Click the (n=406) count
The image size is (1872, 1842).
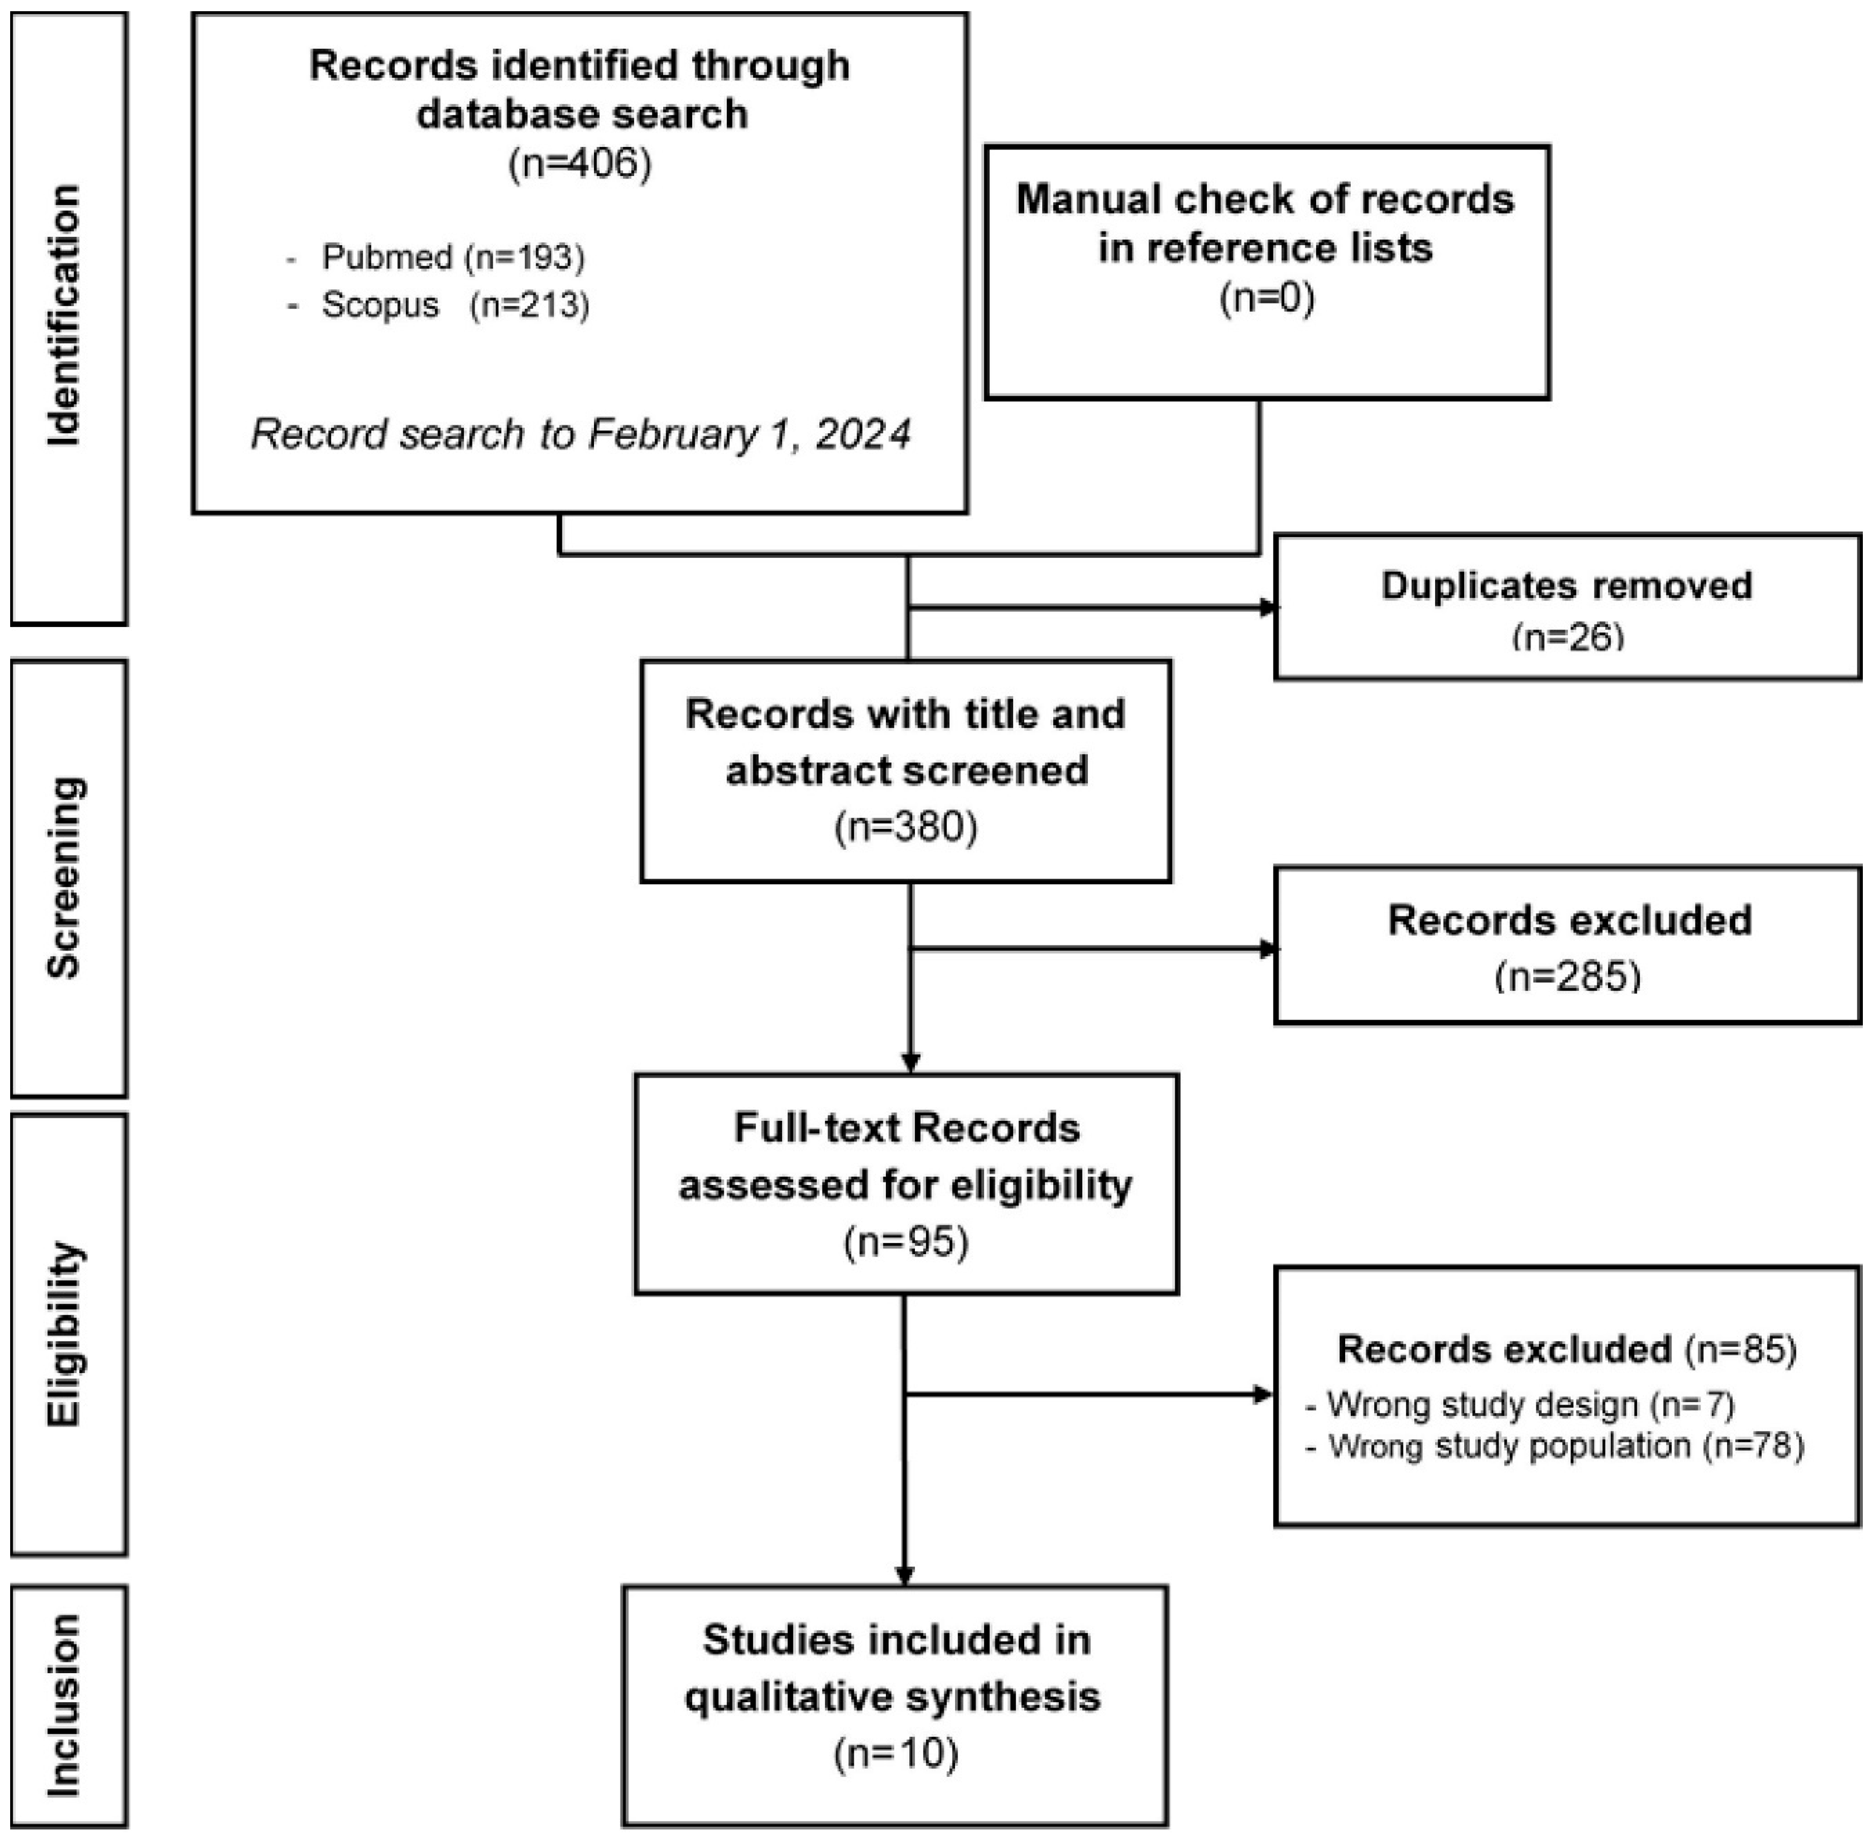[579, 163]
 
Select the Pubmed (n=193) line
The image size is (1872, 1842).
[453, 257]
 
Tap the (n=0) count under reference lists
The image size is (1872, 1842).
[1266, 299]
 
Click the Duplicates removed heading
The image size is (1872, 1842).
[1566, 585]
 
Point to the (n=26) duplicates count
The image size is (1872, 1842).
[1567, 637]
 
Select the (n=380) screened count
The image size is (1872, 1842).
[906, 827]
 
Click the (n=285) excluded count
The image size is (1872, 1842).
[1567, 976]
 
